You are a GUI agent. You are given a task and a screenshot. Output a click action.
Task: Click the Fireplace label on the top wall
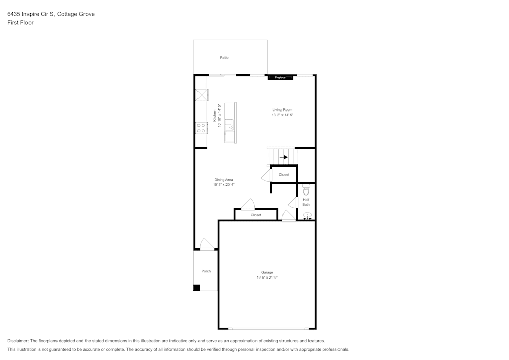tap(280, 78)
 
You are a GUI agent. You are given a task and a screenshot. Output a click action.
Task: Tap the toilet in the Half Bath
tap(306, 189)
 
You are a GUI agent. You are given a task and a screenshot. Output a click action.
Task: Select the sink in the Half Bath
tap(307, 215)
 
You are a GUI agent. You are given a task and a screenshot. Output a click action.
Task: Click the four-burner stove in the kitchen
tap(201, 128)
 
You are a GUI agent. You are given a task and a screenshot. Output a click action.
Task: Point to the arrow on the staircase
tap(284, 157)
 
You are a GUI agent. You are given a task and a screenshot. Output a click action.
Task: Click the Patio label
tap(224, 58)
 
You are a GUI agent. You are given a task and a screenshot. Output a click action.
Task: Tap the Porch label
tap(206, 271)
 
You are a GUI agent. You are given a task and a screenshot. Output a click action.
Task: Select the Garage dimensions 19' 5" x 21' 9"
tap(267, 278)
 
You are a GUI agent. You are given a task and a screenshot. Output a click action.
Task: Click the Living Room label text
tap(282, 109)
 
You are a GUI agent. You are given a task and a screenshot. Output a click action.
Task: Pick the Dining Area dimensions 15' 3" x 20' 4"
tap(223, 185)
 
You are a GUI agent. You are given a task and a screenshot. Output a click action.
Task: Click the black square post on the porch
tap(196, 288)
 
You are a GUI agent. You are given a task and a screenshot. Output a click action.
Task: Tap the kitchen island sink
tap(230, 125)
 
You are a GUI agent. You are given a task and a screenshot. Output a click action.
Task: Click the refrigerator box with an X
tap(202, 95)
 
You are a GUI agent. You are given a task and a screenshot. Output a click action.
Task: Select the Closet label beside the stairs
tap(284, 175)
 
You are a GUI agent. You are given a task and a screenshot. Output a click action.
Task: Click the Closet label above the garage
tap(256, 215)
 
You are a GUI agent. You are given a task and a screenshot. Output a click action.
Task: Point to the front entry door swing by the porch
tap(207, 244)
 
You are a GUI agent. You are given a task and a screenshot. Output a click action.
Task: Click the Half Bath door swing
tap(293, 203)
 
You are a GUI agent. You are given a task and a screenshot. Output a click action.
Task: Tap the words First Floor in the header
tap(20, 23)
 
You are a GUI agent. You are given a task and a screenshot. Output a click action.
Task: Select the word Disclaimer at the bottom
tap(17, 341)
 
